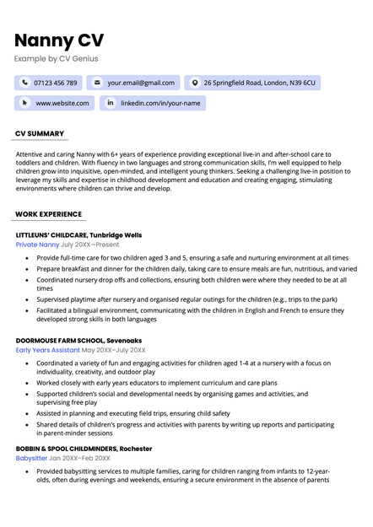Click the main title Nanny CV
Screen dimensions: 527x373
pos(59,40)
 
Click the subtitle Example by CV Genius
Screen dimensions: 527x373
pos(56,59)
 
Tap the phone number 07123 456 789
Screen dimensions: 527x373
pos(56,83)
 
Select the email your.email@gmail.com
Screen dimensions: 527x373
pos(141,83)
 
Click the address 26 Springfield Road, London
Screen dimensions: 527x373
pos(259,83)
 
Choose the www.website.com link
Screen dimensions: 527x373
pos(62,103)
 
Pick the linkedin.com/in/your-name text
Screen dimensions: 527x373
pos(160,103)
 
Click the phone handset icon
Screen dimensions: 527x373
pos(25,83)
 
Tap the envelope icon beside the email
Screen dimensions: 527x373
pos(97,83)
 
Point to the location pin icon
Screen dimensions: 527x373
pos(195,83)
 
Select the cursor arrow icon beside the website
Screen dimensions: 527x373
pos(25,103)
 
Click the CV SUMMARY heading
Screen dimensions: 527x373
pos(39,133)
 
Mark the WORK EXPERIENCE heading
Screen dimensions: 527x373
pos(48,214)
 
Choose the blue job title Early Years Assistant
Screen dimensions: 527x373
pos(47,350)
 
